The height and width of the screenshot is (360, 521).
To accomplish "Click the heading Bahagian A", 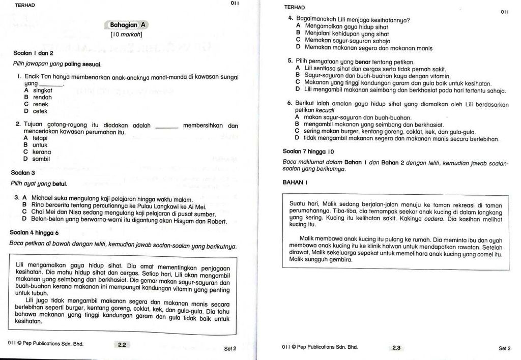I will (x=128, y=24).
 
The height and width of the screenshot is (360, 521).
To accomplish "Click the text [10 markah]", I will (x=126, y=35).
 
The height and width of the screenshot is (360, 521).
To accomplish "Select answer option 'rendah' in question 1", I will (x=42, y=97).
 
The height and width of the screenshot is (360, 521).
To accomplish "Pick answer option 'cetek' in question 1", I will (x=40, y=111).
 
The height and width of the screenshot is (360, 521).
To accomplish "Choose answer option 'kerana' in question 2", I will (x=42, y=152).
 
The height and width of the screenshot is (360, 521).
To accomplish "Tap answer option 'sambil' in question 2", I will (x=41, y=159).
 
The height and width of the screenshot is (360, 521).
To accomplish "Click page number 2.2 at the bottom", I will (x=122, y=345).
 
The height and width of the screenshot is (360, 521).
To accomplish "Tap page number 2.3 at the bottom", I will (x=396, y=348).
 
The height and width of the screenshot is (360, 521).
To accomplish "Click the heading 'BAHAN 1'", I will (x=295, y=182).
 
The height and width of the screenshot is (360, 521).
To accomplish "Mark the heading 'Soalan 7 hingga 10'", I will (x=308, y=151).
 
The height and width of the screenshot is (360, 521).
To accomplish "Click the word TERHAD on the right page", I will (x=295, y=7).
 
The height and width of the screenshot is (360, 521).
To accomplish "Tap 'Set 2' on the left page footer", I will (x=230, y=348).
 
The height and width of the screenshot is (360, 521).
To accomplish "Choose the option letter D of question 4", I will (x=299, y=48).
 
